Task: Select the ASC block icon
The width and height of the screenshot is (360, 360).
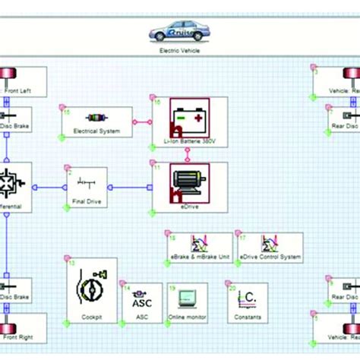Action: point(141,297)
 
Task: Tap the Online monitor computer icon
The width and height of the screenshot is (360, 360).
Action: point(187,296)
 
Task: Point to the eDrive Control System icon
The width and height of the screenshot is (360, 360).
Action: point(269,245)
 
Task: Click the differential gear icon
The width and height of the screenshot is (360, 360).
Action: point(12,182)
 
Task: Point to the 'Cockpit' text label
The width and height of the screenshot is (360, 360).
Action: point(91,317)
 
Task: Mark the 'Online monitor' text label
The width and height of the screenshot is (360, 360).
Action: point(186,317)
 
